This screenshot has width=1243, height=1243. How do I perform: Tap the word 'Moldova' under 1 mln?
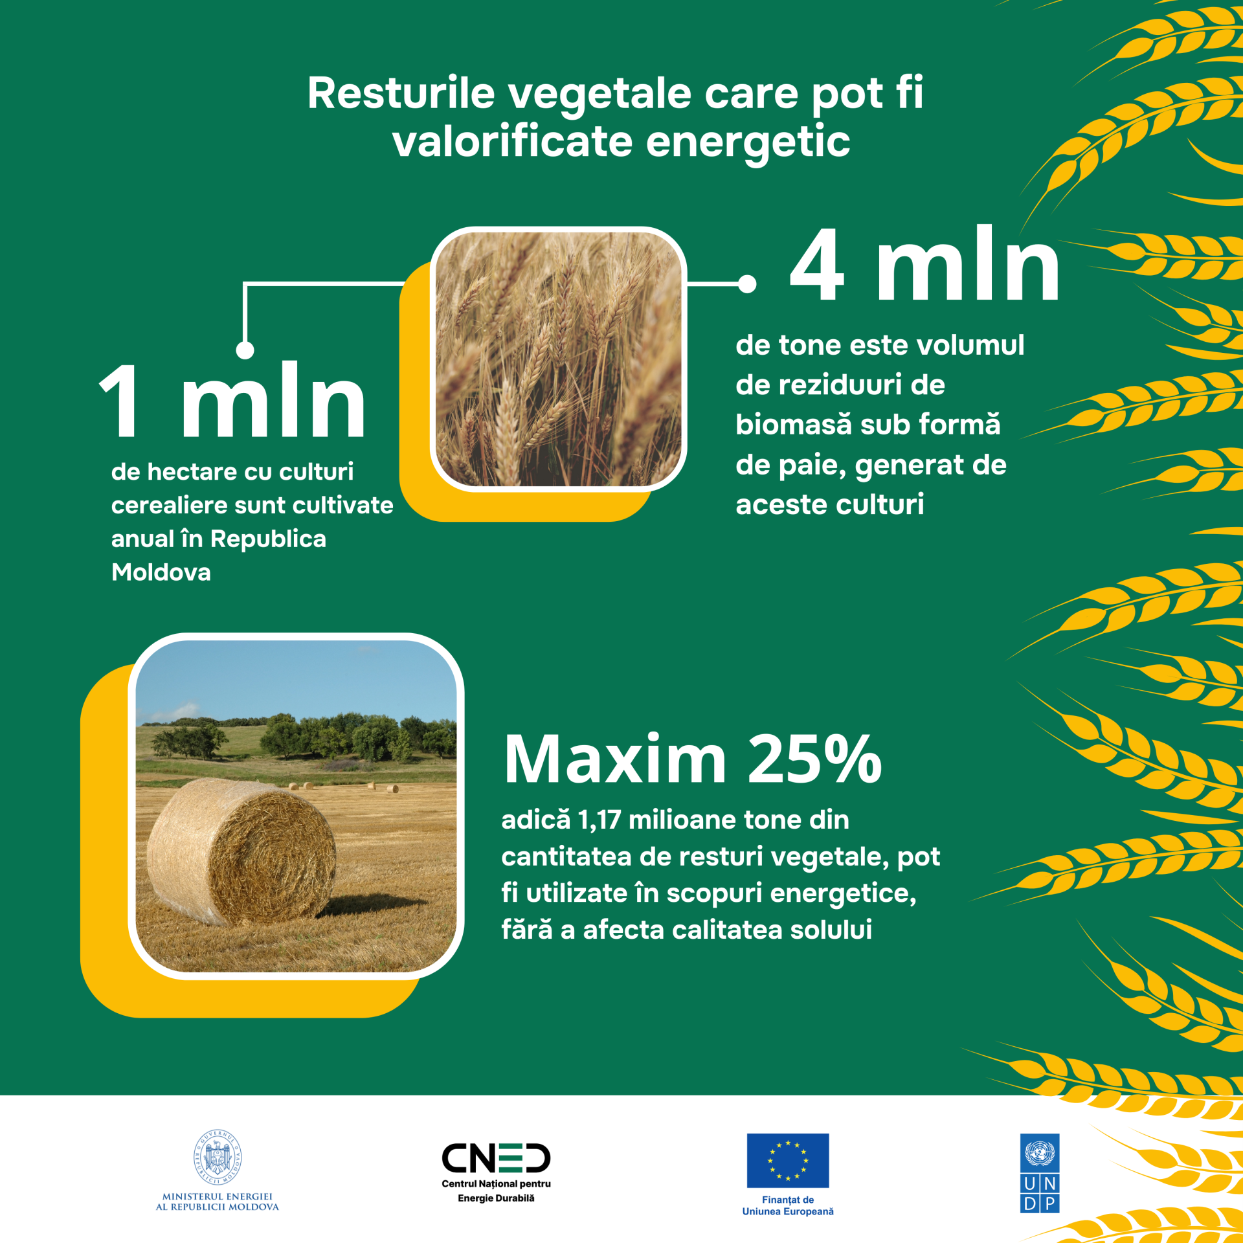tap(161, 572)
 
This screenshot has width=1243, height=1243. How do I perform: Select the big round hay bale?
tap(241, 851)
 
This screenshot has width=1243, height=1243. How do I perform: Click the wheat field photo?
tap(558, 359)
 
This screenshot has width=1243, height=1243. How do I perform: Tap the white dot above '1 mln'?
tap(245, 350)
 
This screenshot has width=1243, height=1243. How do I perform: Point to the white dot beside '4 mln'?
tap(747, 284)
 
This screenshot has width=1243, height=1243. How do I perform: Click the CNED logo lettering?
tap(496, 1159)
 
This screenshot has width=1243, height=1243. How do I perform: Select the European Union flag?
tap(787, 1160)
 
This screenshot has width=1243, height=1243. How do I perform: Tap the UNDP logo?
tap(1040, 1173)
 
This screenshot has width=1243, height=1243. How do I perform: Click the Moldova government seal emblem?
tap(218, 1158)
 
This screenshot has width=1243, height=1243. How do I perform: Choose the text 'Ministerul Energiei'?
tap(218, 1196)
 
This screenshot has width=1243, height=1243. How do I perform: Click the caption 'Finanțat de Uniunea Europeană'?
tap(788, 1205)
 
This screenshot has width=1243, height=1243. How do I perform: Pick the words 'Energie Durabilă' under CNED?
tap(496, 1198)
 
